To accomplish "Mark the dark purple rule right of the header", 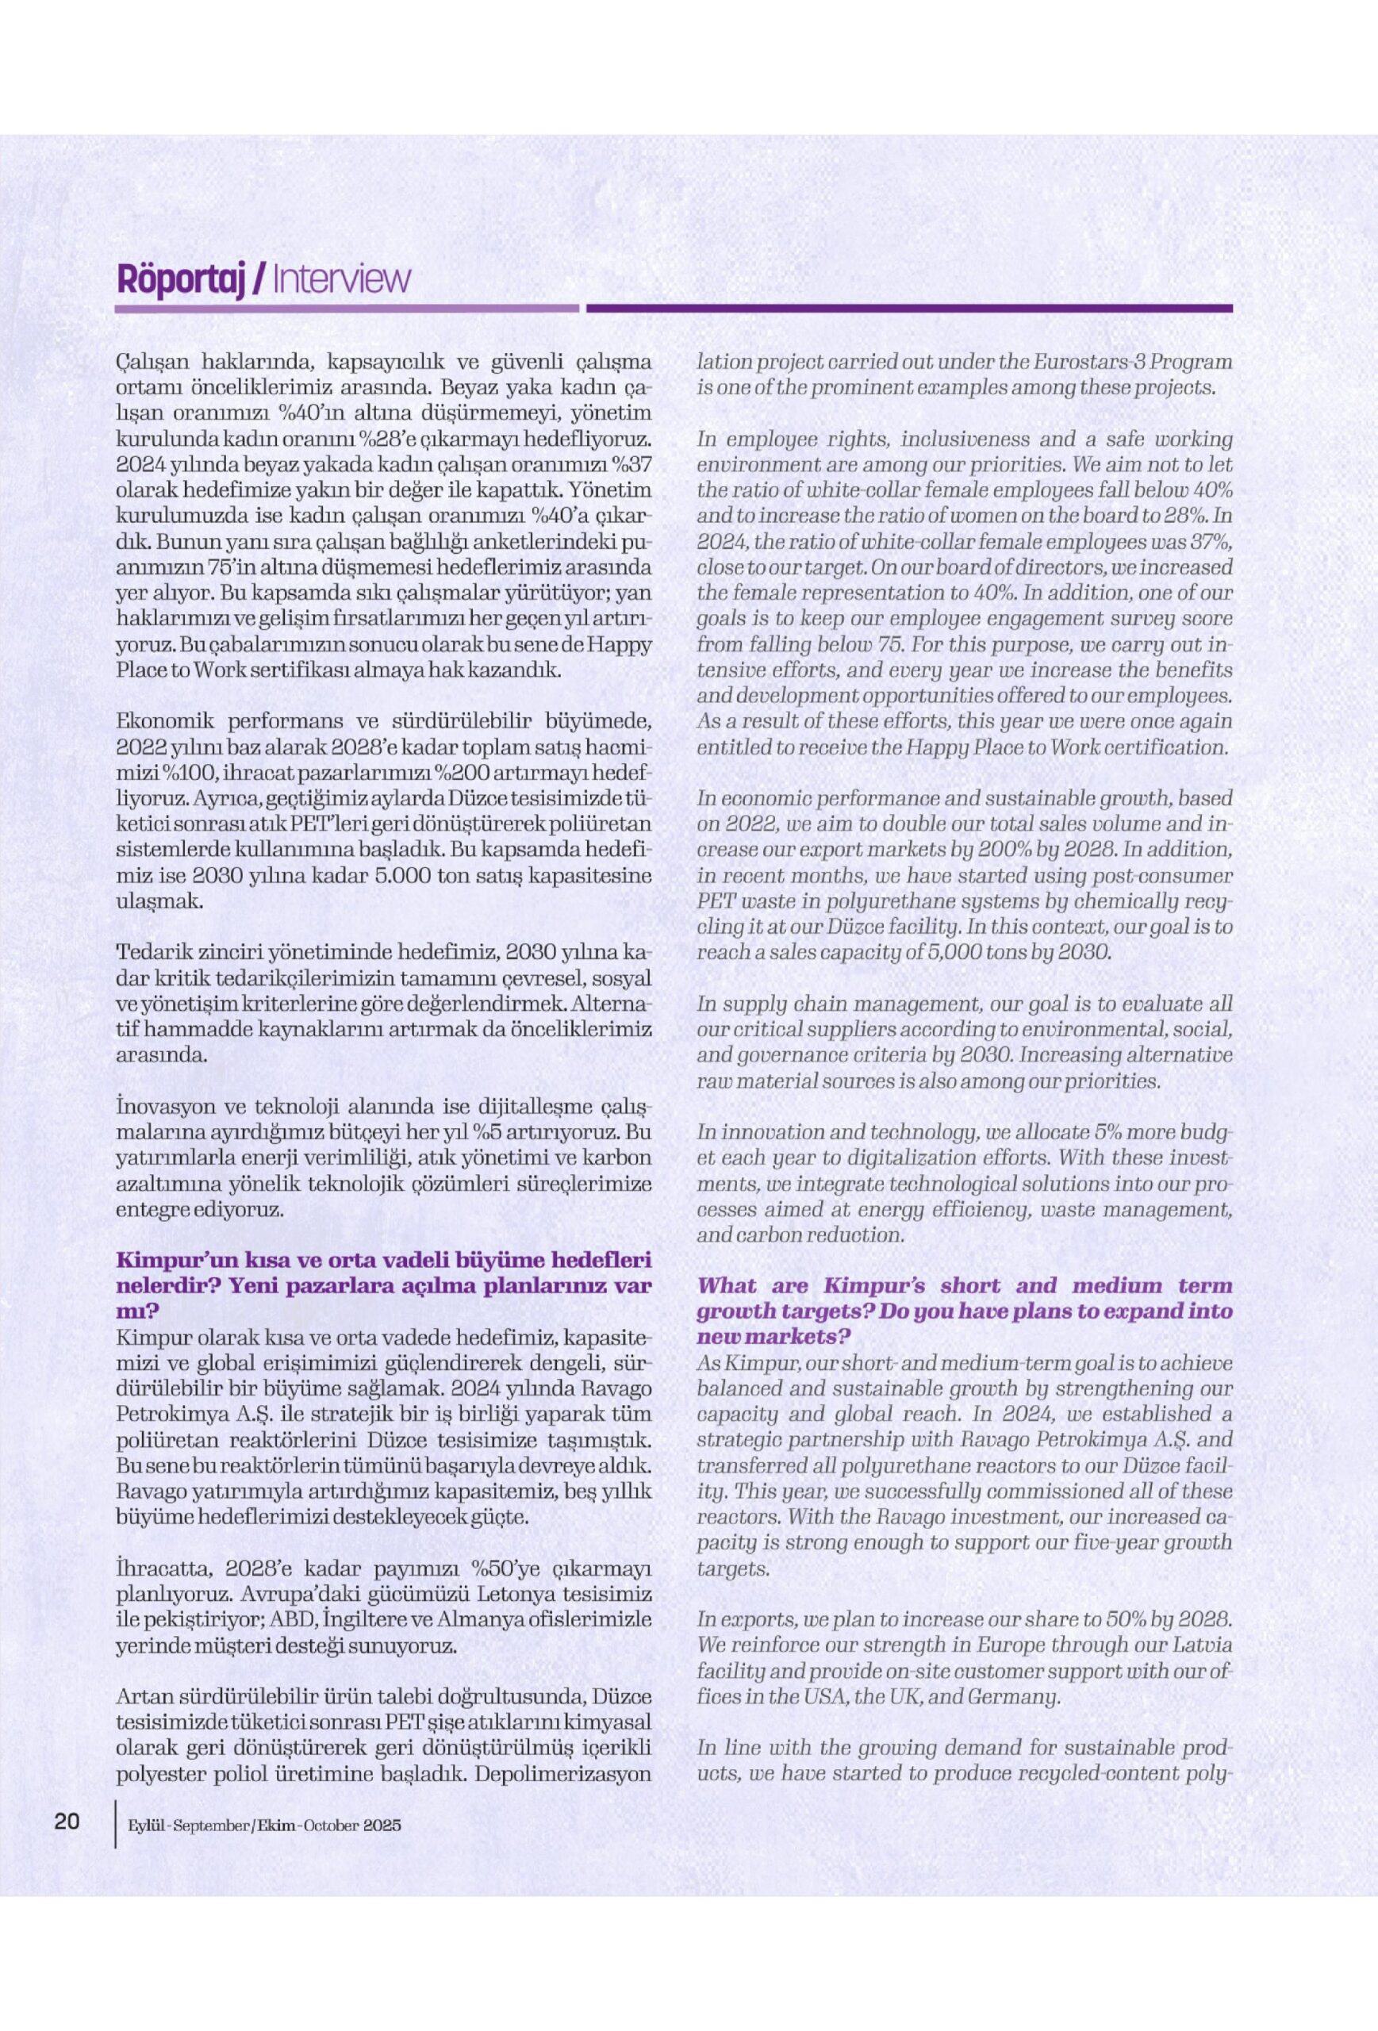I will [909, 309].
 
